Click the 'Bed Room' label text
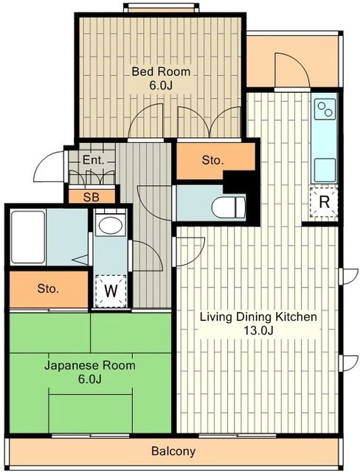(161, 72)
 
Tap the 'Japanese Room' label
(90, 366)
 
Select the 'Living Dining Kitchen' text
(258, 317)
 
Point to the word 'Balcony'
(173, 451)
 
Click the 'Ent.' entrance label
(93, 160)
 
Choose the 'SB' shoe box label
(91, 197)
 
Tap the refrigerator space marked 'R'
(324, 202)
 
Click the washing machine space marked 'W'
(111, 291)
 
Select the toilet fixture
(229, 207)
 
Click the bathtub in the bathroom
(28, 237)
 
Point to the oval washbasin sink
(111, 225)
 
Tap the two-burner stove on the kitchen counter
(325, 109)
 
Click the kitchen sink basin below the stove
(325, 170)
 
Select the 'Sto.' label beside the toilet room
(212, 161)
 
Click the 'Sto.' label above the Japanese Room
(48, 288)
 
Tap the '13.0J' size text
(258, 331)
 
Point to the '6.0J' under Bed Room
(161, 86)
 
